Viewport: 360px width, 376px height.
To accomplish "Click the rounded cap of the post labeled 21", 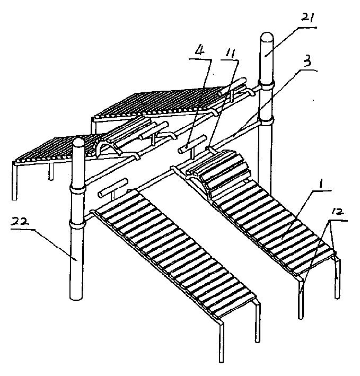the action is pyautogui.click(x=267, y=40).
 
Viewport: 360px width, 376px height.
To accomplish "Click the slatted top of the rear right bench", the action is pyautogui.click(x=159, y=104).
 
